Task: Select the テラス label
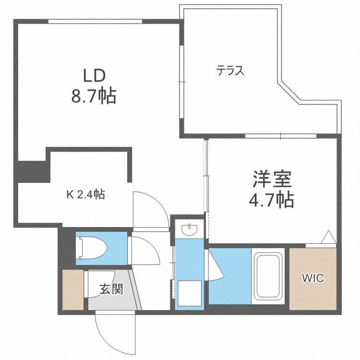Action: (x=230, y=71)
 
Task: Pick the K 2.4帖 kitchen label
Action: (x=85, y=194)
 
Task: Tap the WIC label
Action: (x=312, y=277)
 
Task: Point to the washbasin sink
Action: (x=191, y=229)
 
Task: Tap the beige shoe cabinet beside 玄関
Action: (x=73, y=289)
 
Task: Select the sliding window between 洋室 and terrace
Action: (x=280, y=136)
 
